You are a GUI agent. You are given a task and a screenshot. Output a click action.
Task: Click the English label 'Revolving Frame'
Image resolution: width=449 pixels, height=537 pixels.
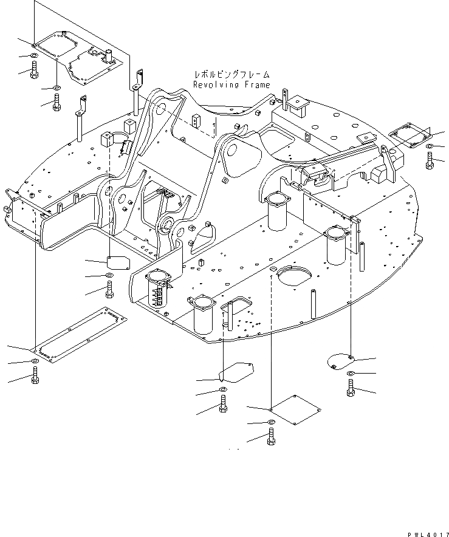pos(231,85)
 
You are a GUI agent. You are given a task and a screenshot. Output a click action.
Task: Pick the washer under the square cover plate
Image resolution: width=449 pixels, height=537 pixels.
pos(270,422)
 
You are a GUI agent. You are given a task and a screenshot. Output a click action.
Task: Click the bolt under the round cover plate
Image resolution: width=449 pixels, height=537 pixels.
pos(351,387)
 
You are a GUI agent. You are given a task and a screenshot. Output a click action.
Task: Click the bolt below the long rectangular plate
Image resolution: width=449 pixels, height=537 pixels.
pos(35,380)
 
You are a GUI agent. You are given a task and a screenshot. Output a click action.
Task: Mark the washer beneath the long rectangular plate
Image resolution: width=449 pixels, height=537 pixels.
pos(35,363)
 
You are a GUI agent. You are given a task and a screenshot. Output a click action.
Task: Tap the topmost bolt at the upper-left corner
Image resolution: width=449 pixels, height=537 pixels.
pos(33,71)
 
